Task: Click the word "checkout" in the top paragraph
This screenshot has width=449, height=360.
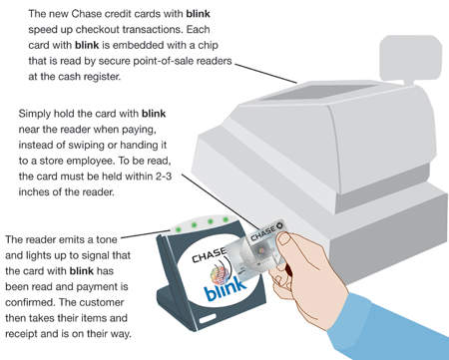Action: tap(97, 29)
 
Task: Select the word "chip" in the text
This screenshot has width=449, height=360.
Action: tap(208, 45)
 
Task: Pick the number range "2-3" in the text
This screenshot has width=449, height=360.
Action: tap(164, 177)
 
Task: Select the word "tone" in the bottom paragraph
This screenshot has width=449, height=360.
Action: tap(107, 239)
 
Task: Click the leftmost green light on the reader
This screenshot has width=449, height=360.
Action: tap(179, 228)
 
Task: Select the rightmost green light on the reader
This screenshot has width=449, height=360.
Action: tap(225, 219)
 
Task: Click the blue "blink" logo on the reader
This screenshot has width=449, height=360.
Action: tap(224, 288)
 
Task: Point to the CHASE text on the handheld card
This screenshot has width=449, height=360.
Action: tap(263, 232)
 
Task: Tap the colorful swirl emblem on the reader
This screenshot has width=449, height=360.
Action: tap(221, 273)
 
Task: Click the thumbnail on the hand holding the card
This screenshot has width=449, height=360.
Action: tap(283, 238)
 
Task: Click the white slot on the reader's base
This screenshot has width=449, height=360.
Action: tap(208, 319)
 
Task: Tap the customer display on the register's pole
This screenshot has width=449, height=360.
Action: tap(411, 58)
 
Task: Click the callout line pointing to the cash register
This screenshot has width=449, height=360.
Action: tap(265, 73)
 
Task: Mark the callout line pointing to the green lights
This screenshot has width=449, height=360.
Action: tap(146, 234)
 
